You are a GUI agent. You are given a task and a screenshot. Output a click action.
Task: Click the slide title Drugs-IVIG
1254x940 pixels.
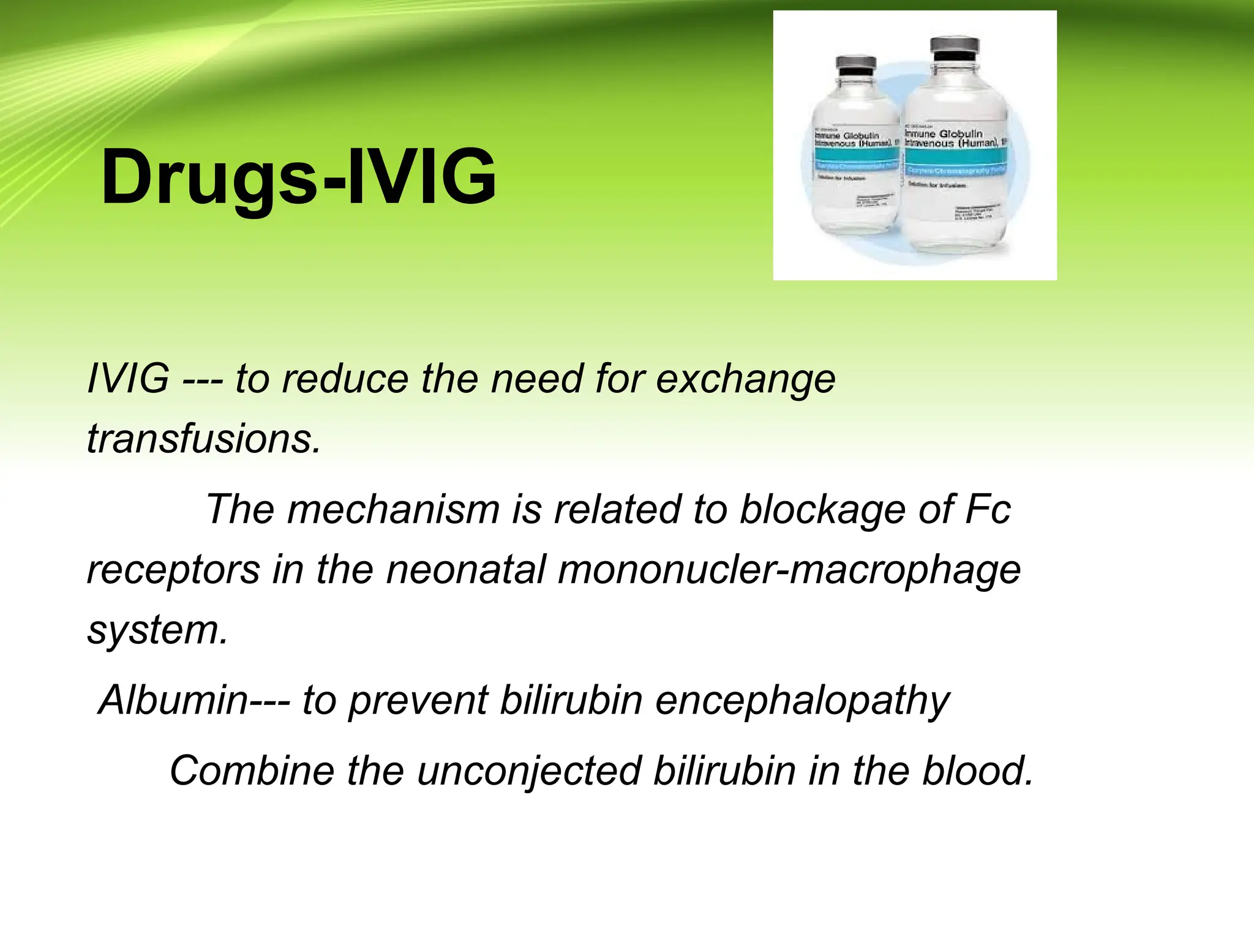pyautogui.click(x=299, y=177)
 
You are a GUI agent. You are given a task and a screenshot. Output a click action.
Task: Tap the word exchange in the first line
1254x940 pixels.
pyautogui.click(x=745, y=379)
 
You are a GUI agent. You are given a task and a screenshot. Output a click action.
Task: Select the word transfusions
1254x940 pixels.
pyautogui.click(x=203, y=439)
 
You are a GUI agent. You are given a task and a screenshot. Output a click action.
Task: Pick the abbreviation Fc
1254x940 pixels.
pyautogui.click(x=987, y=509)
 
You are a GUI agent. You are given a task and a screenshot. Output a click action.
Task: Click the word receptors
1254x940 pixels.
pyautogui.click(x=173, y=570)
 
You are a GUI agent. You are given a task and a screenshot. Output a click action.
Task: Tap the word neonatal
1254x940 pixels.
pyautogui.click(x=466, y=569)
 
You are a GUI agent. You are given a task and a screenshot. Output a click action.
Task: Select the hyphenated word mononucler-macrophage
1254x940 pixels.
pyautogui.click(x=789, y=570)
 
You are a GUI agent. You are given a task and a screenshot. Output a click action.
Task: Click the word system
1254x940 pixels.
pyautogui.click(x=157, y=630)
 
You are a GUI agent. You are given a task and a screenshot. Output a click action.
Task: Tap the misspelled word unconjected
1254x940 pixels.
pyautogui.click(x=529, y=771)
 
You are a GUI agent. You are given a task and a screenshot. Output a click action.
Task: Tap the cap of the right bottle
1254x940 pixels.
pyautogui.click(x=956, y=45)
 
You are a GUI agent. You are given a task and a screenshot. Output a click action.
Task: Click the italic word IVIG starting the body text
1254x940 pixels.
pyautogui.click(x=128, y=379)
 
